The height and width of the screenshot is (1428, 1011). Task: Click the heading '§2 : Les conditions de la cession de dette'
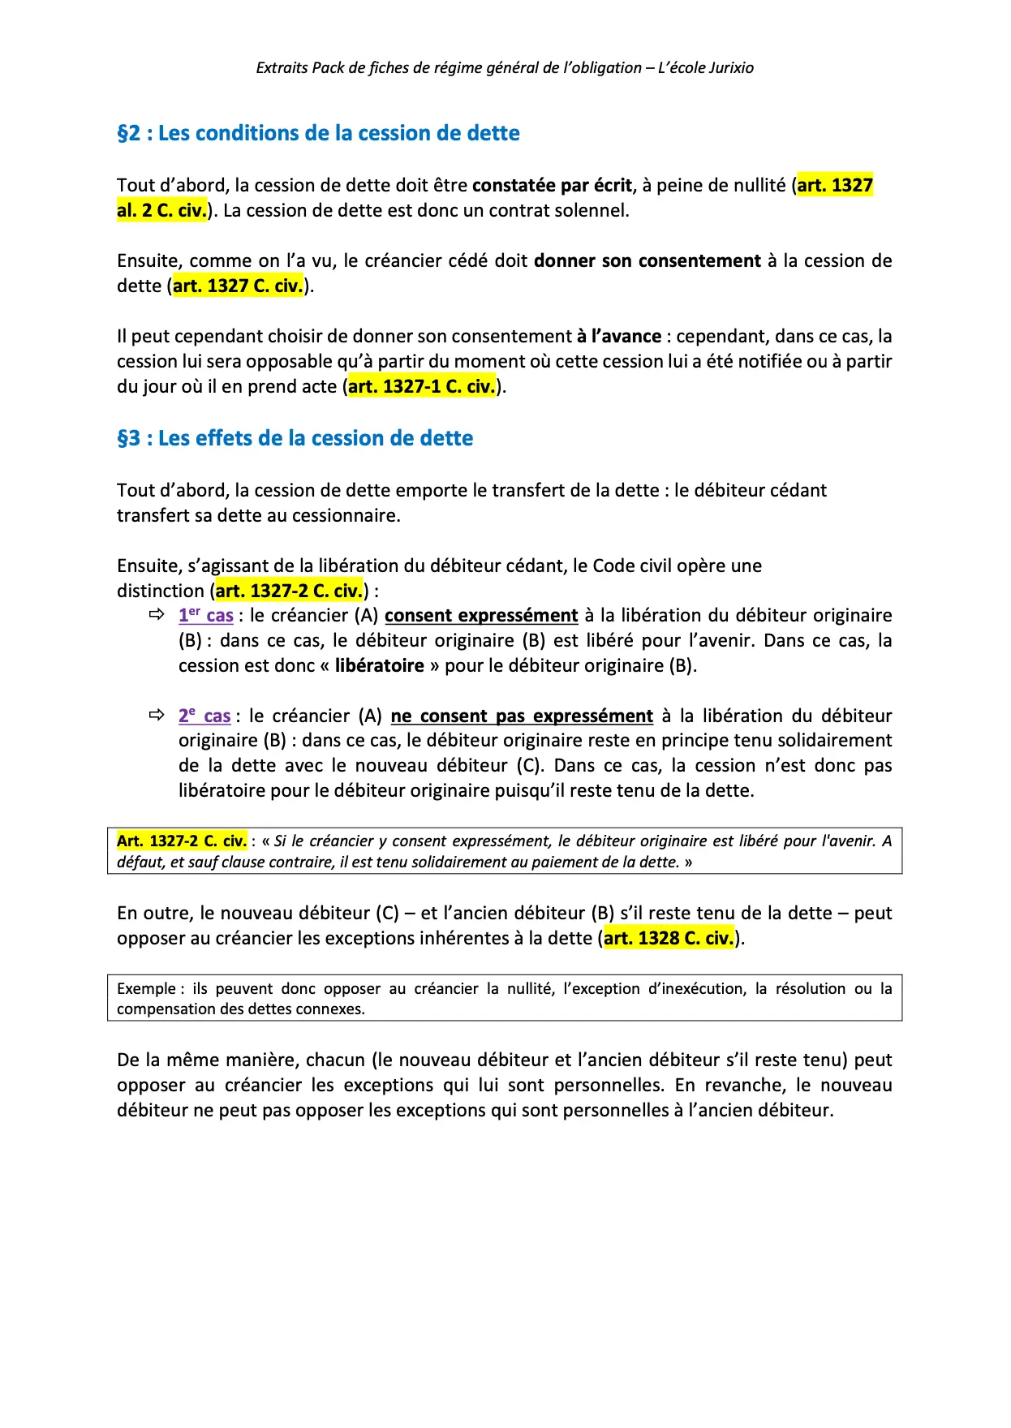[x=318, y=133]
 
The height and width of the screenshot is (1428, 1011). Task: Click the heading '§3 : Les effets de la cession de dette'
[x=295, y=438]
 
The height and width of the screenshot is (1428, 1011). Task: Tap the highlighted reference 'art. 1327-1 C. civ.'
[x=422, y=386]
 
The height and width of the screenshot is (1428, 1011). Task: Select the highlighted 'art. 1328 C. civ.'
[x=669, y=938]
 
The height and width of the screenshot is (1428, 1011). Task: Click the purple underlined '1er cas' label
[x=206, y=615]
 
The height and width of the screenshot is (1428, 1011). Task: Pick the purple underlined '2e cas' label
[x=204, y=716]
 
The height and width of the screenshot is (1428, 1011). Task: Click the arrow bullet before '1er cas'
[x=157, y=615]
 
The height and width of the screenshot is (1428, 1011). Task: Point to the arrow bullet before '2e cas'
[x=157, y=716]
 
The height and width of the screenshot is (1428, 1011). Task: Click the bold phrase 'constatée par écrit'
[x=552, y=185]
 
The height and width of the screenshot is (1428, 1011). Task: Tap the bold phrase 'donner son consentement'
[x=647, y=260]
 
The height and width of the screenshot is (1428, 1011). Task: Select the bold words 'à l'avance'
[x=619, y=336]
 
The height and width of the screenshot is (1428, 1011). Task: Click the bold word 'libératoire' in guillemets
[x=380, y=665]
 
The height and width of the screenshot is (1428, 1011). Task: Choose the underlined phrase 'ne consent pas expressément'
[x=522, y=716]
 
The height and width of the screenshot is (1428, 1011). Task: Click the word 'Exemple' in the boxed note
[x=146, y=988]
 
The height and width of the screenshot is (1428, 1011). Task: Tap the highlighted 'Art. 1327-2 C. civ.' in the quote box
[x=182, y=841]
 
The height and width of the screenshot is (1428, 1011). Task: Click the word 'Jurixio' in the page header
[x=731, y=68]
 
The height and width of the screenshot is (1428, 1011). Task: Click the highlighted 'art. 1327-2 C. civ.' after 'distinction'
[x=289, y=591]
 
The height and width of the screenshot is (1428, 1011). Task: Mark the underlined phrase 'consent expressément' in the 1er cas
[x=481, y=615]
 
